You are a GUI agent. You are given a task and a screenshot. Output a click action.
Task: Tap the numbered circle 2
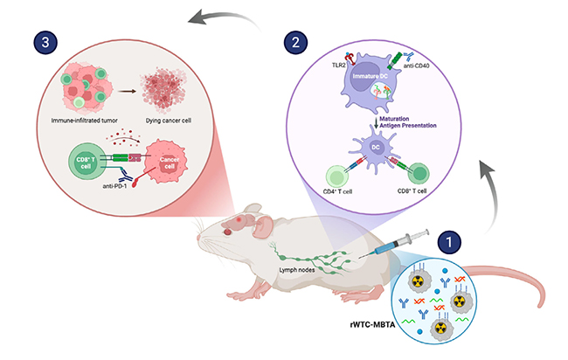[x=296, y=41]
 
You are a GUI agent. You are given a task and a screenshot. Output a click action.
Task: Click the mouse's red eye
[x=229, y=229]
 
